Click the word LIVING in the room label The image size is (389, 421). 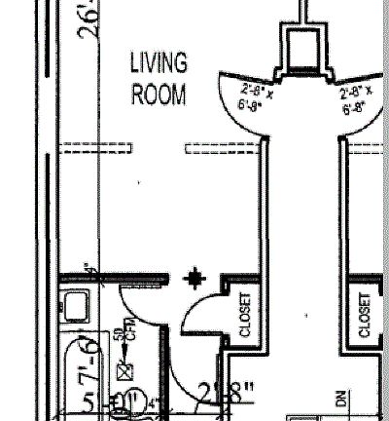tap(159, 64)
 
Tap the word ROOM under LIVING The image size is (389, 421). tap(159, 96)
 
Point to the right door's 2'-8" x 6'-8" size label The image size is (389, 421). tap(360, 99)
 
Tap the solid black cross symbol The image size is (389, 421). tap(196, 280)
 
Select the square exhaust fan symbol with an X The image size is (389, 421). tap(124, 370)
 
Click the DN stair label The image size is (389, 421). tap(342, 399)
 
